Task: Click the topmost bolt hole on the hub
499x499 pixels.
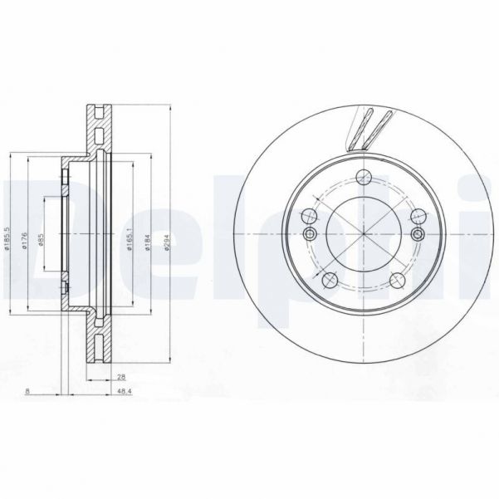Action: pyautogui.click(x=361, y=177)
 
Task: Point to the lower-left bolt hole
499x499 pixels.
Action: pyautogui.click(x=330, y=278)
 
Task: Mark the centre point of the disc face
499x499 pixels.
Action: pyautogui.click(x=361, y=235)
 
